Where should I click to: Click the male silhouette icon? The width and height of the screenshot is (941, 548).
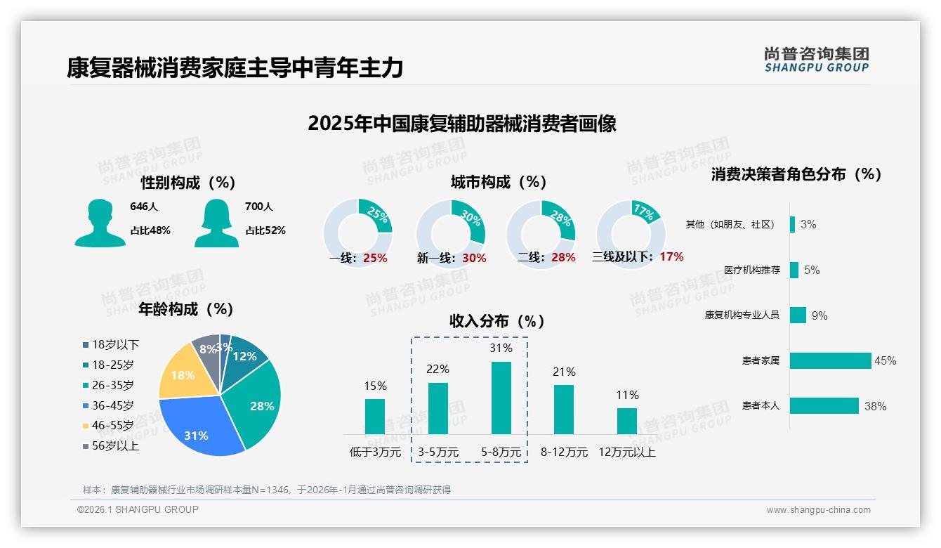point(100,223)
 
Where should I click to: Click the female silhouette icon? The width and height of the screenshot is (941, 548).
point(216,223)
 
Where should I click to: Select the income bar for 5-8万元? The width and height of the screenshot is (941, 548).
point(501,398)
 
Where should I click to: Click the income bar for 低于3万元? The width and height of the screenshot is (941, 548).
point(375,416)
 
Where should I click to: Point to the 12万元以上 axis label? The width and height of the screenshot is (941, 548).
point(626,452)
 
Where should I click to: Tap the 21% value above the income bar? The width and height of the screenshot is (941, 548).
point(564,372)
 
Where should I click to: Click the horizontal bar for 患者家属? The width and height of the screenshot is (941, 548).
point(830,360)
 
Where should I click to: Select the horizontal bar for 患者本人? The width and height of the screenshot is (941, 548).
point(824,405)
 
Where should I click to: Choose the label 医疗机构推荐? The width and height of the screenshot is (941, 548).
point(751,270)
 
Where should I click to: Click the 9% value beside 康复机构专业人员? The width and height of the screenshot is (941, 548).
point(820,315)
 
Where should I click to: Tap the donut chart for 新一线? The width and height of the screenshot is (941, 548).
point(451,233)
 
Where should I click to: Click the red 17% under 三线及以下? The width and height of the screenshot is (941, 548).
point(671,256)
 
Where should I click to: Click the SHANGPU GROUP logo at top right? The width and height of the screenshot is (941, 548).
point(816,60)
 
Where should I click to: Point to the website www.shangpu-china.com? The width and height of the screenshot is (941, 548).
point(818,510)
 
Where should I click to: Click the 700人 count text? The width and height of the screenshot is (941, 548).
point(259,207)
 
